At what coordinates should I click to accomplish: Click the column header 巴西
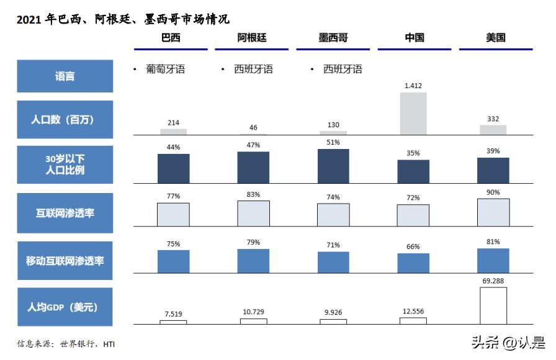click(173, 38)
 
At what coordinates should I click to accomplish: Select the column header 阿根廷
click(253, 38)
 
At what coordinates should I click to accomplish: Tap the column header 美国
click(495, 38)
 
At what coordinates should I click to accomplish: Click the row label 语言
click(65, 76)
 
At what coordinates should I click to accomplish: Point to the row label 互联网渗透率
click(65, 214)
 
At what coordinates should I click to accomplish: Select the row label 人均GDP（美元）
click(65, 307)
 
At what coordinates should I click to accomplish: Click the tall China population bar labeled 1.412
click(413, 114)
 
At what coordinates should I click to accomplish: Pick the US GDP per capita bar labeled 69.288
click(493, 305)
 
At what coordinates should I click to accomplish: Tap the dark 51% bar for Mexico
click(333, 166)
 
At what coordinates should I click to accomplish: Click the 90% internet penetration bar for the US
click(493, 212)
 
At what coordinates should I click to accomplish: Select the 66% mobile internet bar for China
click(413, 263)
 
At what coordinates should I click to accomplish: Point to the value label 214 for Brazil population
click(173, 123)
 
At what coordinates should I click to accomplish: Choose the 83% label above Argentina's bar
click(253, 195)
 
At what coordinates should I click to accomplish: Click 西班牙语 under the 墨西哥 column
click(343, 70)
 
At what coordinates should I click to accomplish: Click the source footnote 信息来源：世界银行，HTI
click(66, 344)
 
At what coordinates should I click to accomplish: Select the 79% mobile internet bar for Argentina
click(253, 261)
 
